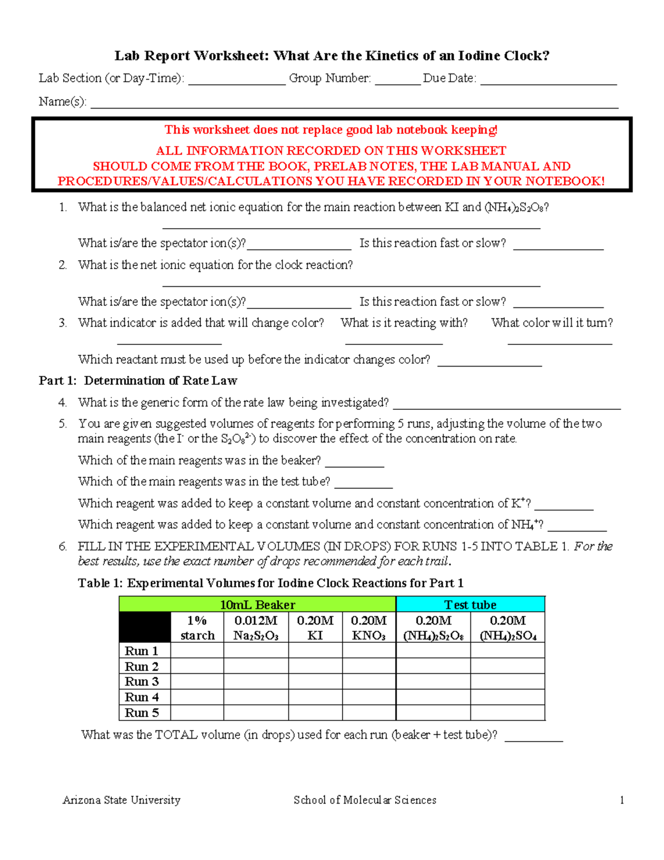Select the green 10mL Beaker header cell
tap(257, 604)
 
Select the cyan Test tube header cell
tap(470, 604)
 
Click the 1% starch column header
tap(197, 627)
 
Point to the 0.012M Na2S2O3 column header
tap(256, 627)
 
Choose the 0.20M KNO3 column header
tap(369, 627)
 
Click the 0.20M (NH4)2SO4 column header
tap(507, 627)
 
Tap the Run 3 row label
tap(142, 681)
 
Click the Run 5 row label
tap(142, 713)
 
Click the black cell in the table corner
tap(144, 627)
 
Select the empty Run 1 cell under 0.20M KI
tap(315, 651)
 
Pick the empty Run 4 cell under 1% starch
tap(197, 697)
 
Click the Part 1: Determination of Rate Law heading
tap(138, 381)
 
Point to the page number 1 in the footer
tap(622, 800)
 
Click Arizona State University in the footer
tap(121, 800)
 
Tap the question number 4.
tap(63, 403)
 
